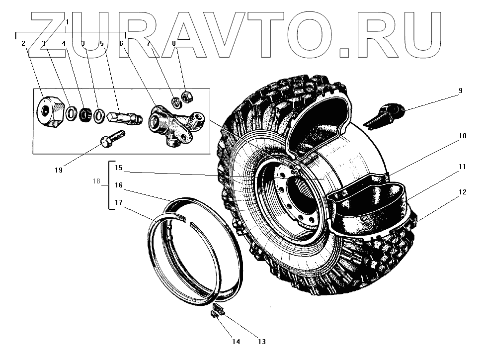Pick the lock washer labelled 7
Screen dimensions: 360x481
coord(176,103)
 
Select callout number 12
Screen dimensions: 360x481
coord(463,191)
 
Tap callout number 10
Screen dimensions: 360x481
coord(463,136)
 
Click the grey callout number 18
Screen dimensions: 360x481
coord(96,181)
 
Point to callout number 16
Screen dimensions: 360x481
coord(119,185)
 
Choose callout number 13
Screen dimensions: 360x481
coord(261,342)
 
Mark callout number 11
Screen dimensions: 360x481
coord(463,167)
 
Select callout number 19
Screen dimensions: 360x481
coord(59,170)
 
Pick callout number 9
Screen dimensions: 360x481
coord(460,90)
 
